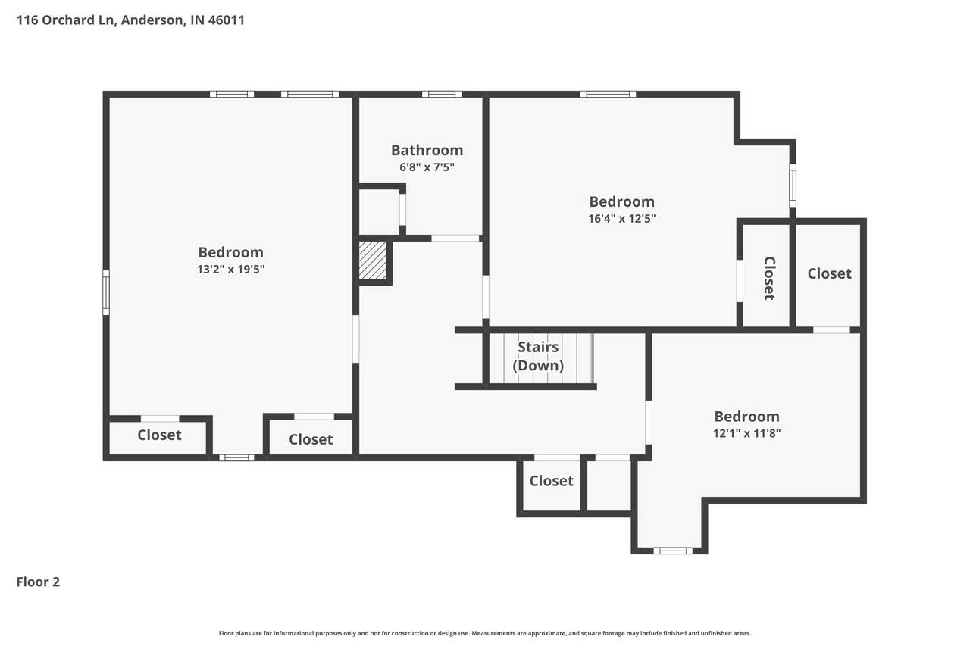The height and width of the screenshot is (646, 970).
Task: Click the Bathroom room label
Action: point(427,150)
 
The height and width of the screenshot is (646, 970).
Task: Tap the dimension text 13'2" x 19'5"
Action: point(231,269)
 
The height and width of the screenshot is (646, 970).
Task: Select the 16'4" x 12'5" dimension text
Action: point(622,219)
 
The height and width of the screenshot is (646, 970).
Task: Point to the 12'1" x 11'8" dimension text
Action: point(747,433)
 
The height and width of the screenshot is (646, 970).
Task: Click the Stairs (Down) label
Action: point(538,356)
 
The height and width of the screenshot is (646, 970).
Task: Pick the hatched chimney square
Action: point(372,260)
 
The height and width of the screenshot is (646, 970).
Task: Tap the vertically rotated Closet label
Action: point(769,278)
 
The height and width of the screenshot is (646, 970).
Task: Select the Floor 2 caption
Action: point(38,582)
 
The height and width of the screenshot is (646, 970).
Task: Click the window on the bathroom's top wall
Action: point(442,94)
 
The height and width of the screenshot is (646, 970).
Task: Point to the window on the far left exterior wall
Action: point(105,292)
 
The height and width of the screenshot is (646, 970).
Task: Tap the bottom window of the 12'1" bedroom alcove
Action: point(672,551)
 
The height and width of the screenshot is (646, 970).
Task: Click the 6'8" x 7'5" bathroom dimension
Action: point(427,167)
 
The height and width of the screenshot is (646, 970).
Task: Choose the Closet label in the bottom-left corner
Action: point(159,435)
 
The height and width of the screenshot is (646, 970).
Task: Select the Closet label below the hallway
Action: point(551,481)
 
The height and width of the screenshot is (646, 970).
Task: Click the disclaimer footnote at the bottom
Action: point(484,633)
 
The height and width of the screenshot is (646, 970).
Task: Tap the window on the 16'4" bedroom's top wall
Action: point(608,94)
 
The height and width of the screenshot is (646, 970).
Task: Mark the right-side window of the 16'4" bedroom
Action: point(793,186)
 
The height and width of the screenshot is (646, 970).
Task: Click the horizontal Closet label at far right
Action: point(829,273)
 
